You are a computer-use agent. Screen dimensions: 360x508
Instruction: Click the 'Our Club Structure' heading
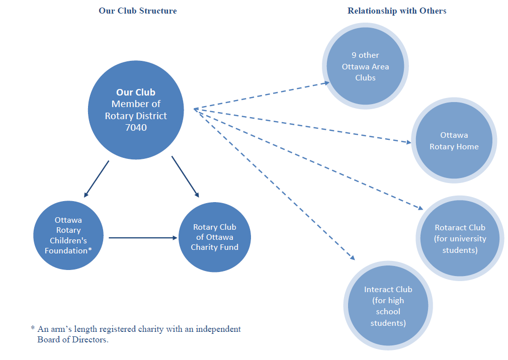coord(138,11)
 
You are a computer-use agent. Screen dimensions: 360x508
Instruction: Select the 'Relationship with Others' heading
coord(397,11)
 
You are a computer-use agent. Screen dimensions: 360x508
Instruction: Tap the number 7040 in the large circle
coord(136,128)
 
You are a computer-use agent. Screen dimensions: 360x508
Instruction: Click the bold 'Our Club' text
coord(136,93)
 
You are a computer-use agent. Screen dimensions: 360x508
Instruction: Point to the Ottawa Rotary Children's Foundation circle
coord(68,235)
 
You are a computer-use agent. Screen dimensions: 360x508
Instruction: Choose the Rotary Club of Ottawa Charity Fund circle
coord(215,237)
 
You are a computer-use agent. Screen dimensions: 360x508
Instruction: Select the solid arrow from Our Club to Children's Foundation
coord(96,179)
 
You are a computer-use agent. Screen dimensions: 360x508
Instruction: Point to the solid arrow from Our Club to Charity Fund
coord(185,176)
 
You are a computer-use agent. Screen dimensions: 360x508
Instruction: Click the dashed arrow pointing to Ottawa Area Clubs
coord(262,96)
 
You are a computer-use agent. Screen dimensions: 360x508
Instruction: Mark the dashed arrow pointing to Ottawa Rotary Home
coord(302,125)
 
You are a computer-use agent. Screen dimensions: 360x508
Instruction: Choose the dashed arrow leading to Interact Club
coord(274,184)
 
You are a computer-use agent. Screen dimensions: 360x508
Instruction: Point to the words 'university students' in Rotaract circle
coord(460,244)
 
